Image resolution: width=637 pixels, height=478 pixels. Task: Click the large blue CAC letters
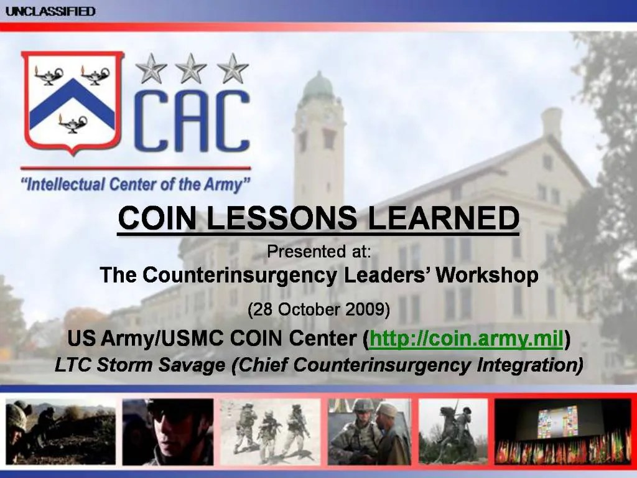(x=193, y=122)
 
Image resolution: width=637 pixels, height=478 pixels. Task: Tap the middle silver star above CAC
(x=191, y=68)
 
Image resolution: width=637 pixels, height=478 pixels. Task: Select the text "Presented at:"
(x=318, y=252)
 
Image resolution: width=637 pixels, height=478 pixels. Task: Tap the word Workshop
(x=487, y=274)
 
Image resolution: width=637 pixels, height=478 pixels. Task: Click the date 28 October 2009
(x=318, y=309)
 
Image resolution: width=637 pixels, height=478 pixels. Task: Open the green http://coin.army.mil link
(x=467, y=340)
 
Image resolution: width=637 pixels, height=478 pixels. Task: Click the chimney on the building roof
(x=552, y=124)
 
